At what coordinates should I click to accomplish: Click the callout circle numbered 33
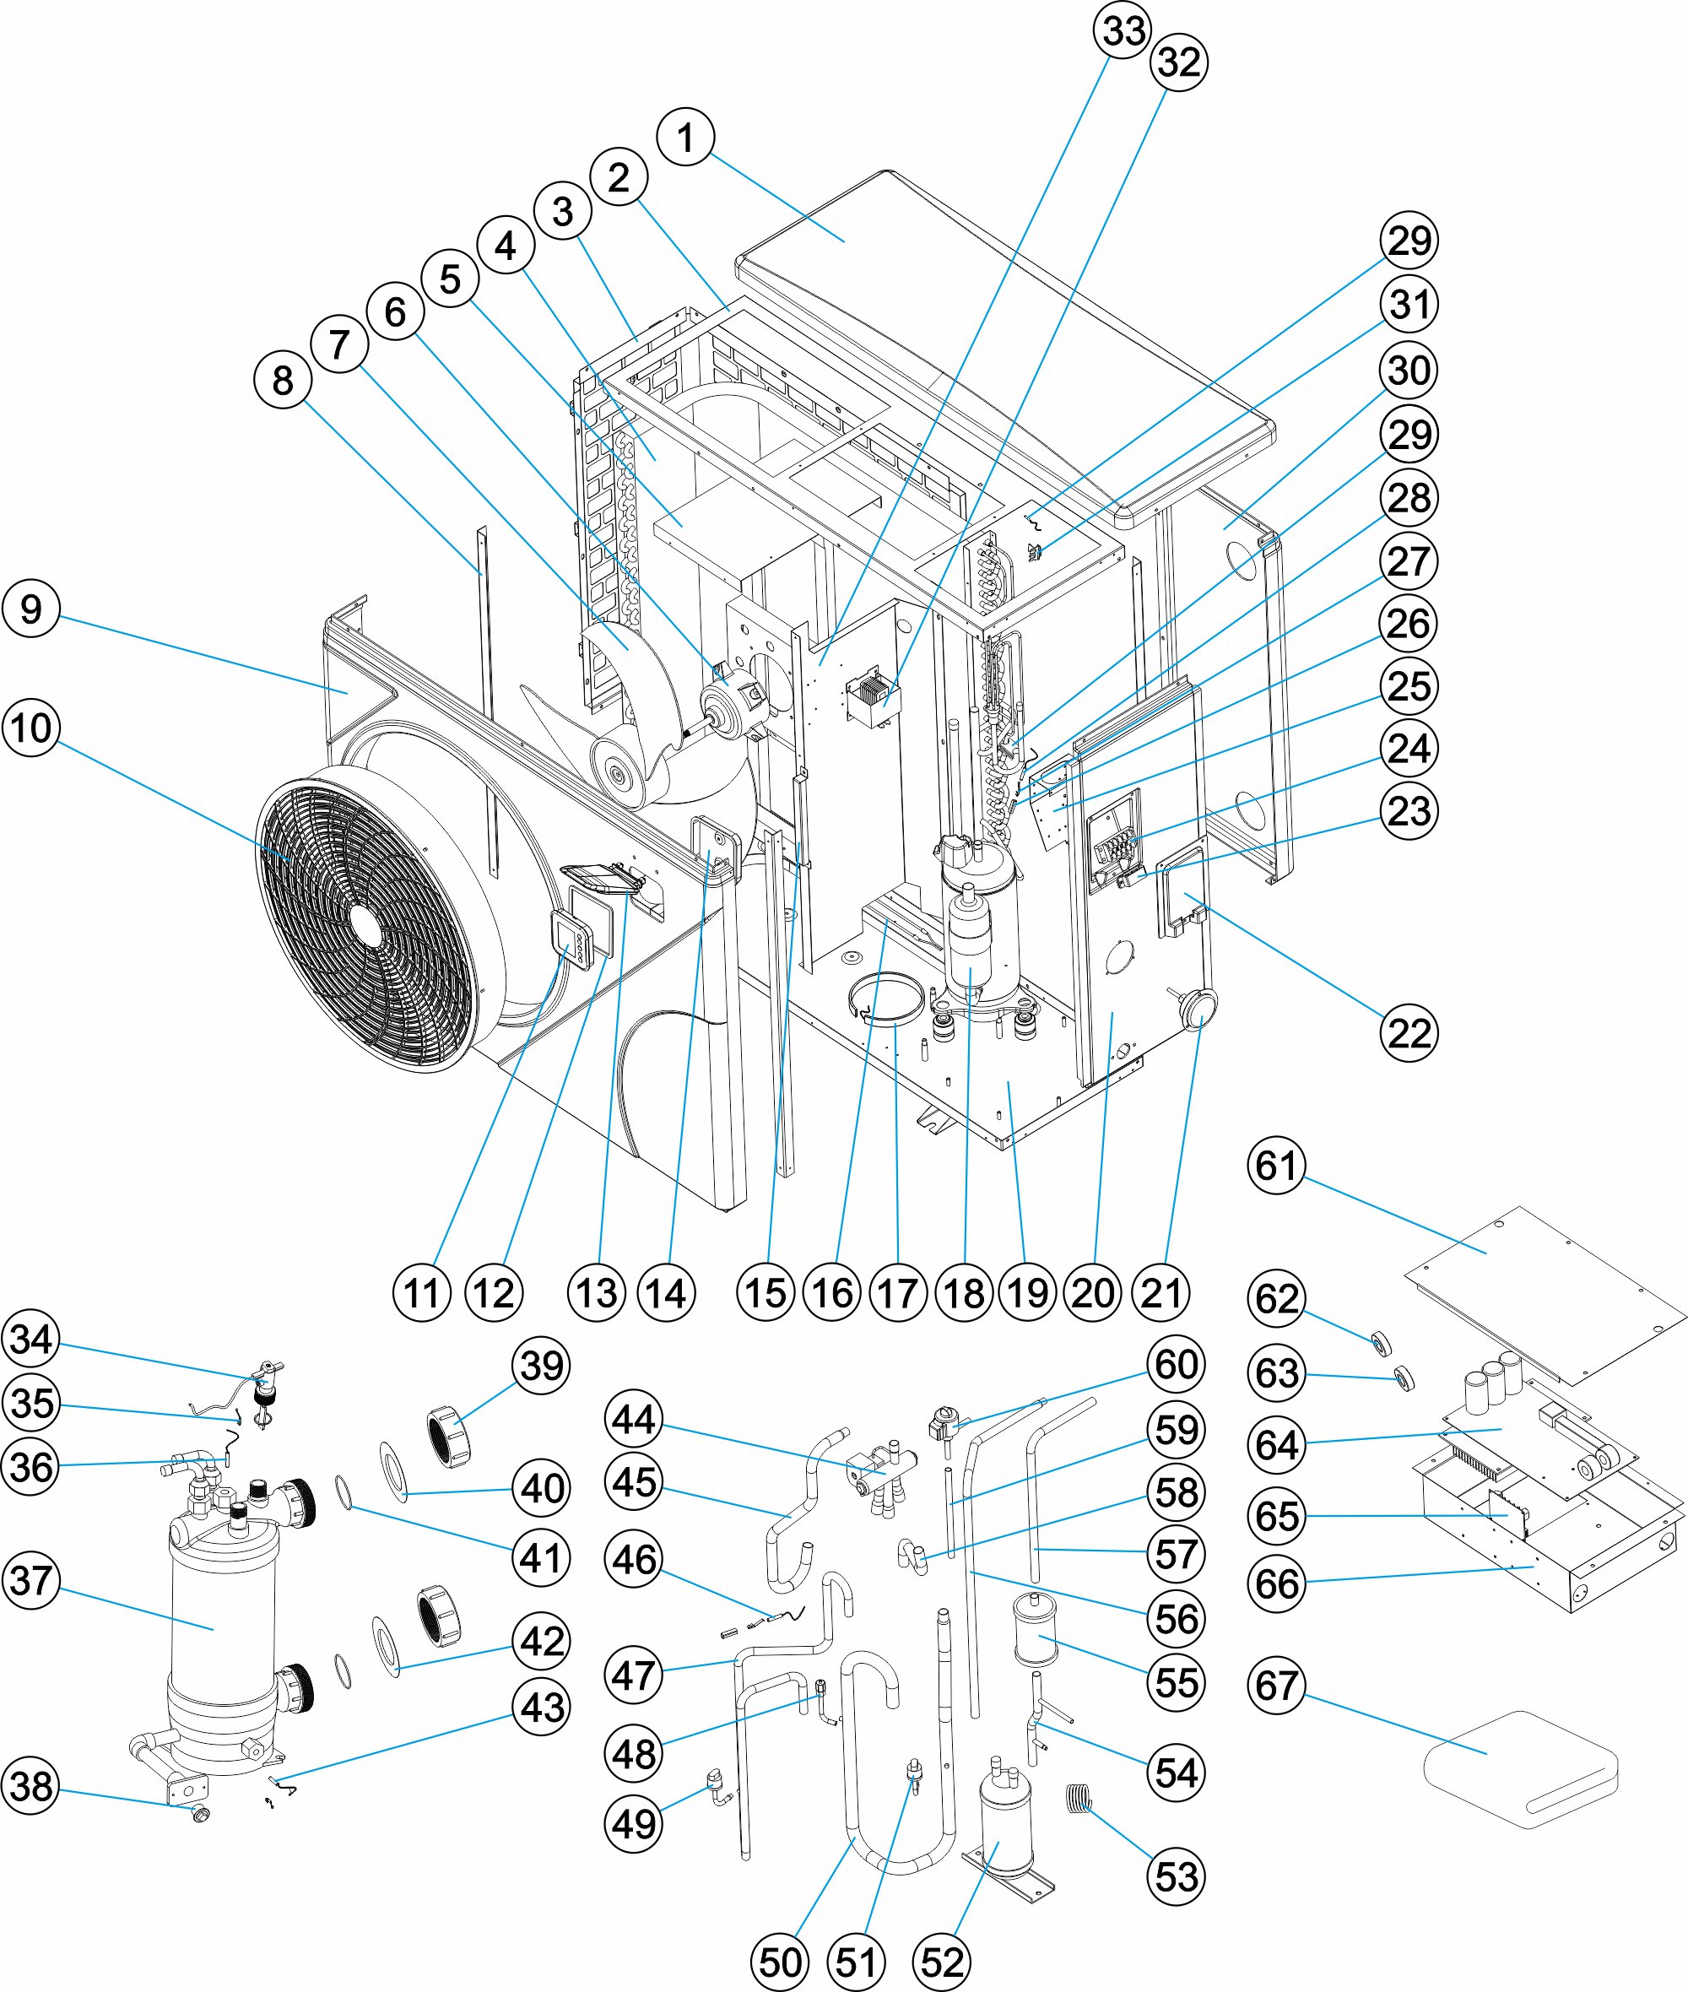tap(1123, 30)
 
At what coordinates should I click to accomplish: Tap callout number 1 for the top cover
tap(685, 138)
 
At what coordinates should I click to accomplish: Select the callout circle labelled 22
tap(1409, 1033)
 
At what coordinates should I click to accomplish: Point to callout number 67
tap(1276, 1686)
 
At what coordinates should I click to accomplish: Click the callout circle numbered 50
tap(780, 1963)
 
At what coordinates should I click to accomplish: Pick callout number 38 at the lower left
tap(31, 1786)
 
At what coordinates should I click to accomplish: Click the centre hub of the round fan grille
tap(365, 923)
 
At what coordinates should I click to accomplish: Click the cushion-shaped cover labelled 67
tap(1522, 1770)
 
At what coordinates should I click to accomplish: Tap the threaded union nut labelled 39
tap(449, 1435)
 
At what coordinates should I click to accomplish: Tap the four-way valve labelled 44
tap(880, 1464)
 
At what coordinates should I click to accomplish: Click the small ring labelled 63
tap(1404, 1378)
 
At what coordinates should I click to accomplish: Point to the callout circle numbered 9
tap(31, 609)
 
